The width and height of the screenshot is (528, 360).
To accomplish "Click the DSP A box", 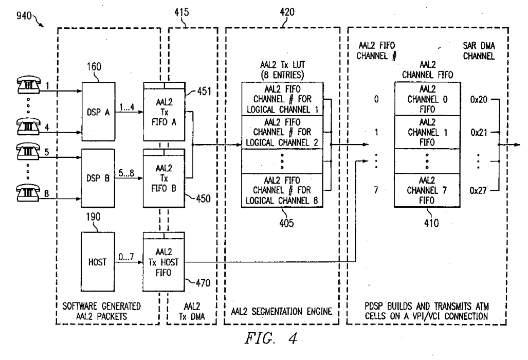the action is click(98, 112).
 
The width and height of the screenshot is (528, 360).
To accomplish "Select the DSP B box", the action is click(98, 178).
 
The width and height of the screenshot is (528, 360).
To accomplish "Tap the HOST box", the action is click(98, 262).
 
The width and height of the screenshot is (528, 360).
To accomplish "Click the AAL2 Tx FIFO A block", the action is click(164, 112).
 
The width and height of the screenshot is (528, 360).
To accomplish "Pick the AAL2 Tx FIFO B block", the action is click(164, 178).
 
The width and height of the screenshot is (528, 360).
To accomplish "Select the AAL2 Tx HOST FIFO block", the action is click(164, 262).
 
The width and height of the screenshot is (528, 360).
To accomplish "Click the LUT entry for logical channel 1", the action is click(283, 99).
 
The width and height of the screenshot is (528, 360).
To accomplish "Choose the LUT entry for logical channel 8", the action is click(283, 190).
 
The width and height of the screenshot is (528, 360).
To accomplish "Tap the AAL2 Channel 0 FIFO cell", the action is click(427, 99).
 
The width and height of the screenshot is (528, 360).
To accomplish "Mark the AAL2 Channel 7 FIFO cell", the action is click(427, 190).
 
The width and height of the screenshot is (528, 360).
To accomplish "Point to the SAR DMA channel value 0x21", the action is click(479, 132).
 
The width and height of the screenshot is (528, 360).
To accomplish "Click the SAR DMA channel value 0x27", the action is click(478, 191).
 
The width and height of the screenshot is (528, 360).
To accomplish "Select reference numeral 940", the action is click(24, 15).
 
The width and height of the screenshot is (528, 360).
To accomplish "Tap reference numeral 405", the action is click(286, 223).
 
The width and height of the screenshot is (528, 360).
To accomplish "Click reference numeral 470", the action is click(203, 283).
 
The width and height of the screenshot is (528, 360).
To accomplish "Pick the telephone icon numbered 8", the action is click(29, 193).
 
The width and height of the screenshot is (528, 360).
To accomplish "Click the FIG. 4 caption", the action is click(271, 338).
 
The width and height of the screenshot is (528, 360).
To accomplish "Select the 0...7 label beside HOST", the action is click(126, 257).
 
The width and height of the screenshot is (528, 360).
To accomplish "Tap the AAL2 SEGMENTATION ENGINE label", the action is click(282, 312).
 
